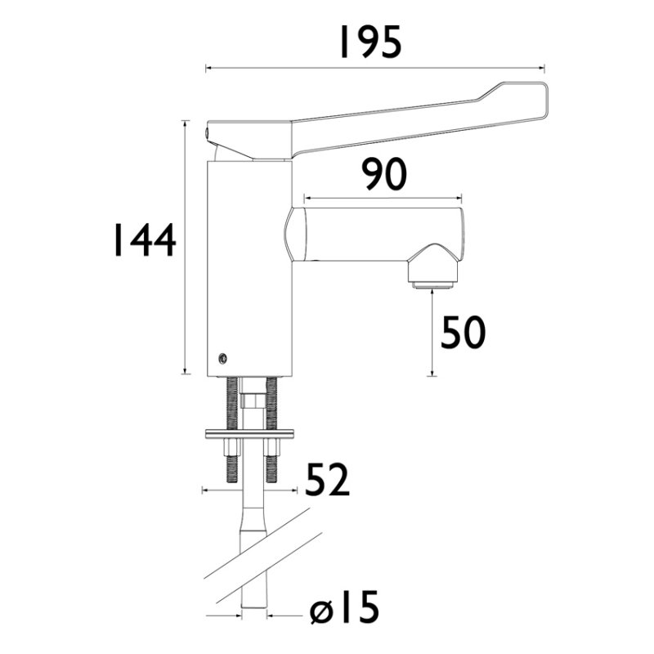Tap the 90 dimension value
(384, 176)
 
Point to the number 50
(464, 333)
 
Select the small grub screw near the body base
(221, 356)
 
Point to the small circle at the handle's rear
(206, 130)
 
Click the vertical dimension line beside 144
(187, 245)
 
